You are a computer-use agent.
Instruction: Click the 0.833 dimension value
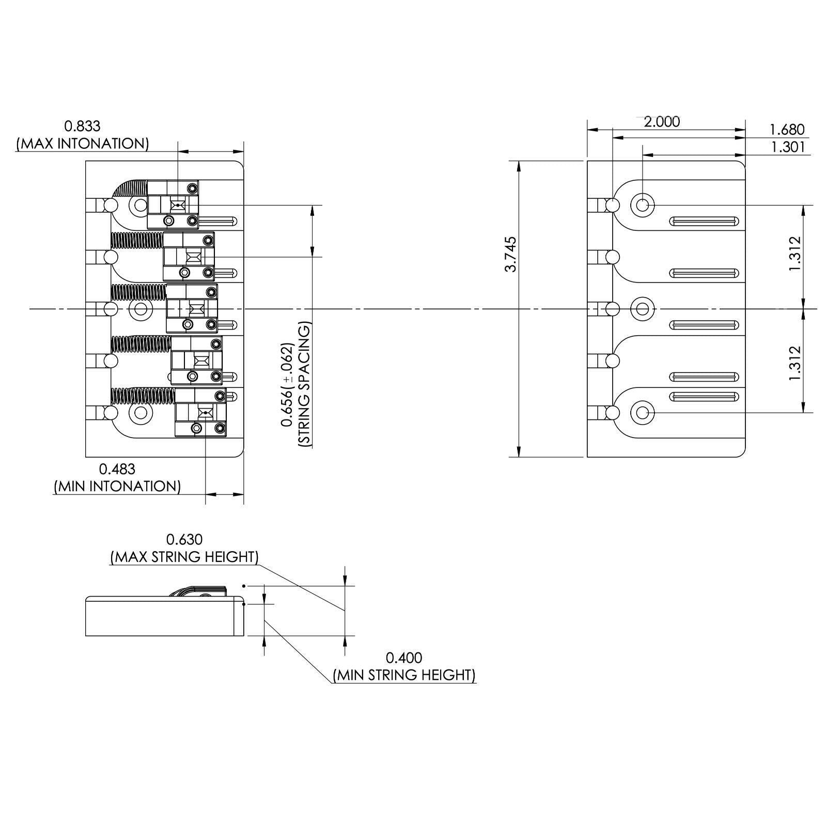82,126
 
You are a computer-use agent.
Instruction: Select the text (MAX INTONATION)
82,143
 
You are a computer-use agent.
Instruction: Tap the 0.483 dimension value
117,469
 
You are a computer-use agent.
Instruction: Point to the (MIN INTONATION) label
117,486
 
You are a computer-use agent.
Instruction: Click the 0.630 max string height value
184,539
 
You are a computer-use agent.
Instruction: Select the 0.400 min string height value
404,658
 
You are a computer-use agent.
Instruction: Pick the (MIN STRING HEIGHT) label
404,675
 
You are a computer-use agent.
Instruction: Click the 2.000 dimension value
662,122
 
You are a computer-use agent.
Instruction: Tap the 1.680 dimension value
787,129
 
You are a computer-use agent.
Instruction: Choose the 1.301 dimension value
788,147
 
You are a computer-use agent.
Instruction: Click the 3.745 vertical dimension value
510,254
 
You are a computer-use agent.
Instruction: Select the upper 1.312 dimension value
794,254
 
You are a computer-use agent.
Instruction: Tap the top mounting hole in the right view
643,205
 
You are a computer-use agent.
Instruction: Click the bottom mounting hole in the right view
643,413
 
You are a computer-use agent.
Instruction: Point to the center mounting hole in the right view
643,309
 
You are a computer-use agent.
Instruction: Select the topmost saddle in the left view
173,205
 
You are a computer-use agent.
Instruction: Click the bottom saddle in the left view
201,412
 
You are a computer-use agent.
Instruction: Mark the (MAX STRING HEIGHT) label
184,557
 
